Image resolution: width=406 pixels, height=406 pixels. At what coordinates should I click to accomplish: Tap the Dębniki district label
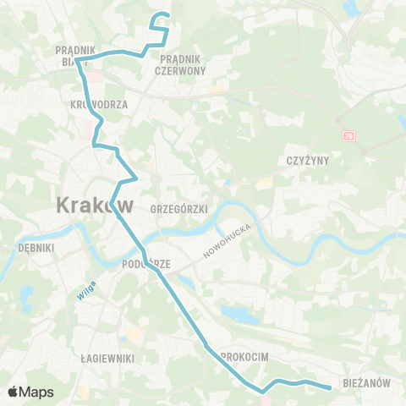pos(36,249)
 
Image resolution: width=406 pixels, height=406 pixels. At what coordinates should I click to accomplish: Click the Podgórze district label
pos(146,264)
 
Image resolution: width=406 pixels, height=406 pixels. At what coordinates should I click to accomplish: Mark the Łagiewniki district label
pos(107,359)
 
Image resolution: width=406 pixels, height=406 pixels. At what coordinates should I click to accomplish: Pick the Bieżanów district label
pos(368,383)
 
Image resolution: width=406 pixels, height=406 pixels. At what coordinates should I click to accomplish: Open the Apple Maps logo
pos(30,392)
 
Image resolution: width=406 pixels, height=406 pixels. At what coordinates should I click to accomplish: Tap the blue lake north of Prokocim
pos(239,315)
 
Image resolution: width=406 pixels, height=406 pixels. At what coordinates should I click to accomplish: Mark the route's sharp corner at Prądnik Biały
pos(78,60)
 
